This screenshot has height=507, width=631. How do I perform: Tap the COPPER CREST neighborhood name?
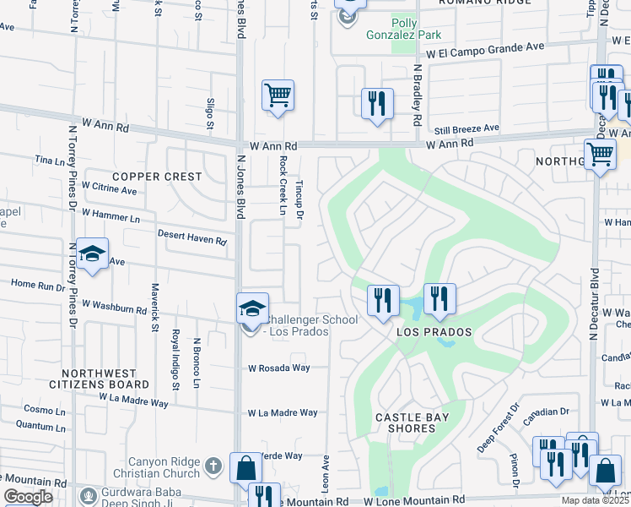[x=158, y=177]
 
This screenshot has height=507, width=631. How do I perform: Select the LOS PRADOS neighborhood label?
[x=434, y=332]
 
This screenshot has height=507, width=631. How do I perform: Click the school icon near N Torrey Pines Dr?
[x=92, y=253]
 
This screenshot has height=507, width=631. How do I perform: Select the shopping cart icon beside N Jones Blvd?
[x=278, y=95]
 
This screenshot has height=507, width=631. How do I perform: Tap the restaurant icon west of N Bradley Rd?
[x=376, y=104]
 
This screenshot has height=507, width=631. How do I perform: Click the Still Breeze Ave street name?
[x=467, y=128]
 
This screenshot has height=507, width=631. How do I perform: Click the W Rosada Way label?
[x=279, y=368]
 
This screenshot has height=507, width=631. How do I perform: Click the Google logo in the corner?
[x=28, y=497]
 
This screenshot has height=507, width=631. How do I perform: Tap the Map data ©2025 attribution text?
[x=593, y=500]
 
